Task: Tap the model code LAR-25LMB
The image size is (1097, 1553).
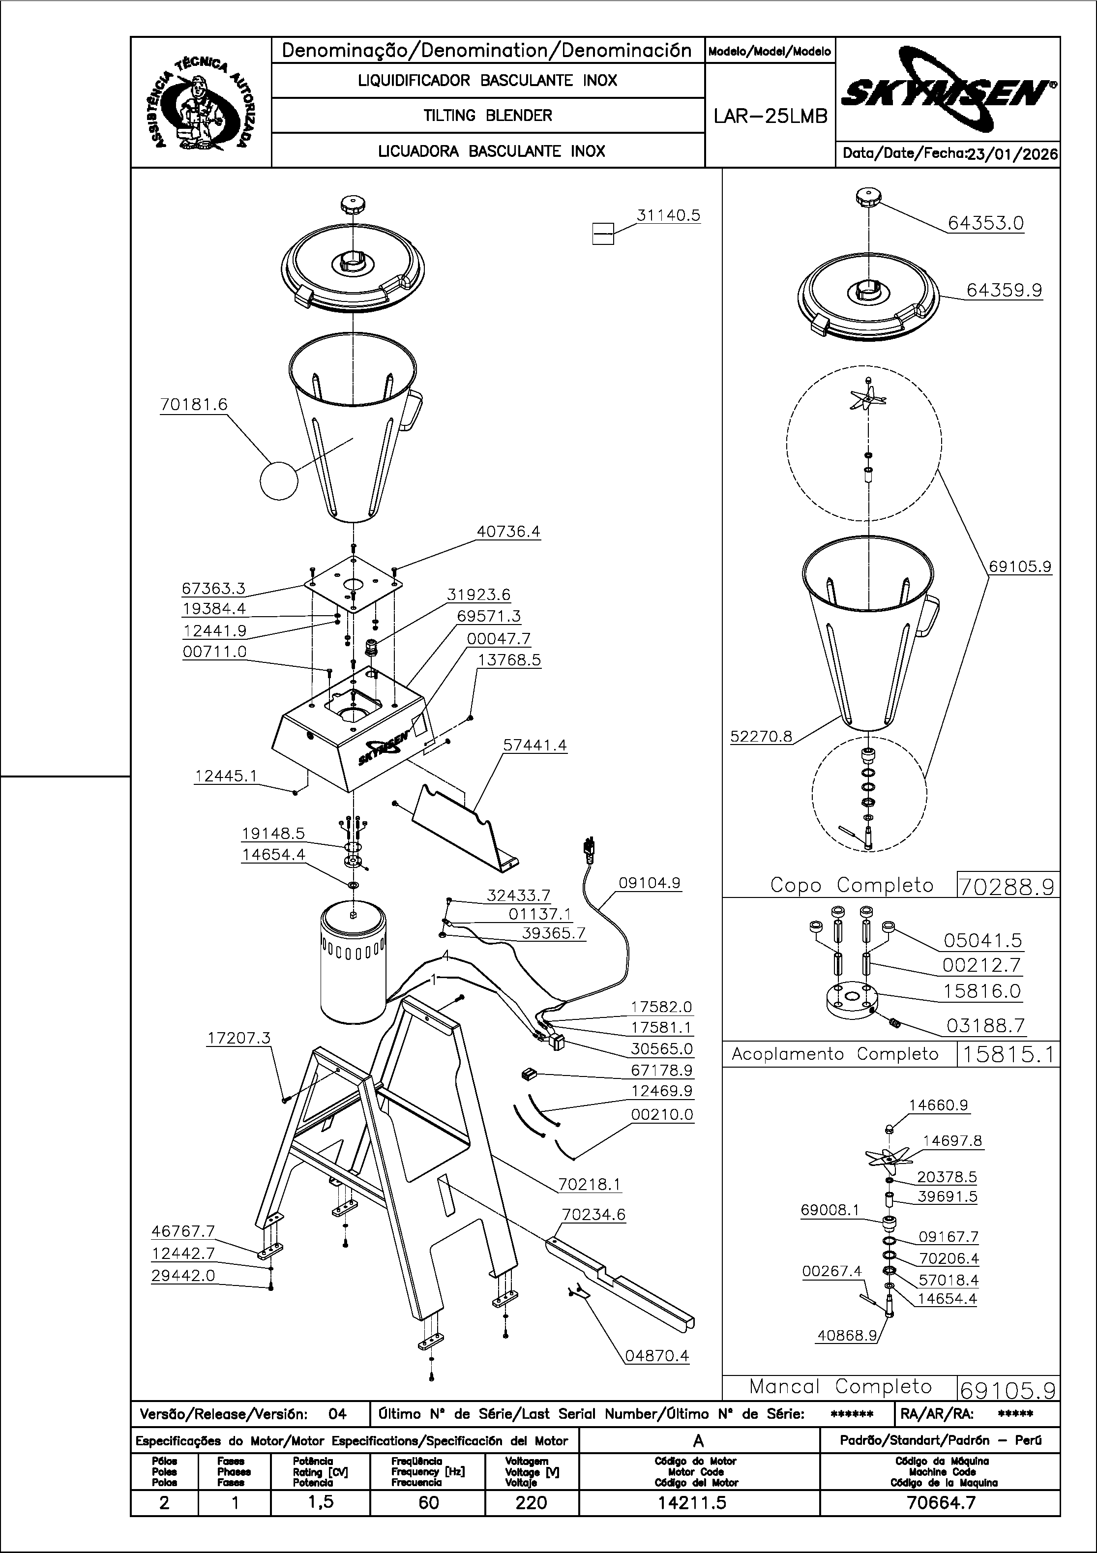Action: click(x=771, y=117)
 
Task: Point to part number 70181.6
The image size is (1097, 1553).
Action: click(x=193, y=405)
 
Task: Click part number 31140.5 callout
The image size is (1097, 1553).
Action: click(x=668, y=215)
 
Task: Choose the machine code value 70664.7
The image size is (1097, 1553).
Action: click(x=940, y=1502)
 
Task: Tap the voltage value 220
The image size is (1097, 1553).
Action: click(x=531, y=1502)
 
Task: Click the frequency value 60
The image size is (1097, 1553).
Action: click(x=428, y=1502)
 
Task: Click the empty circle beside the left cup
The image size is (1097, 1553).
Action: click(x=279, y=480)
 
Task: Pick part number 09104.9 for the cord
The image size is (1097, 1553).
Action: click(x=649, y=883)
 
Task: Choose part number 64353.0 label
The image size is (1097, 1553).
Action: click(x=985, y=223)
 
